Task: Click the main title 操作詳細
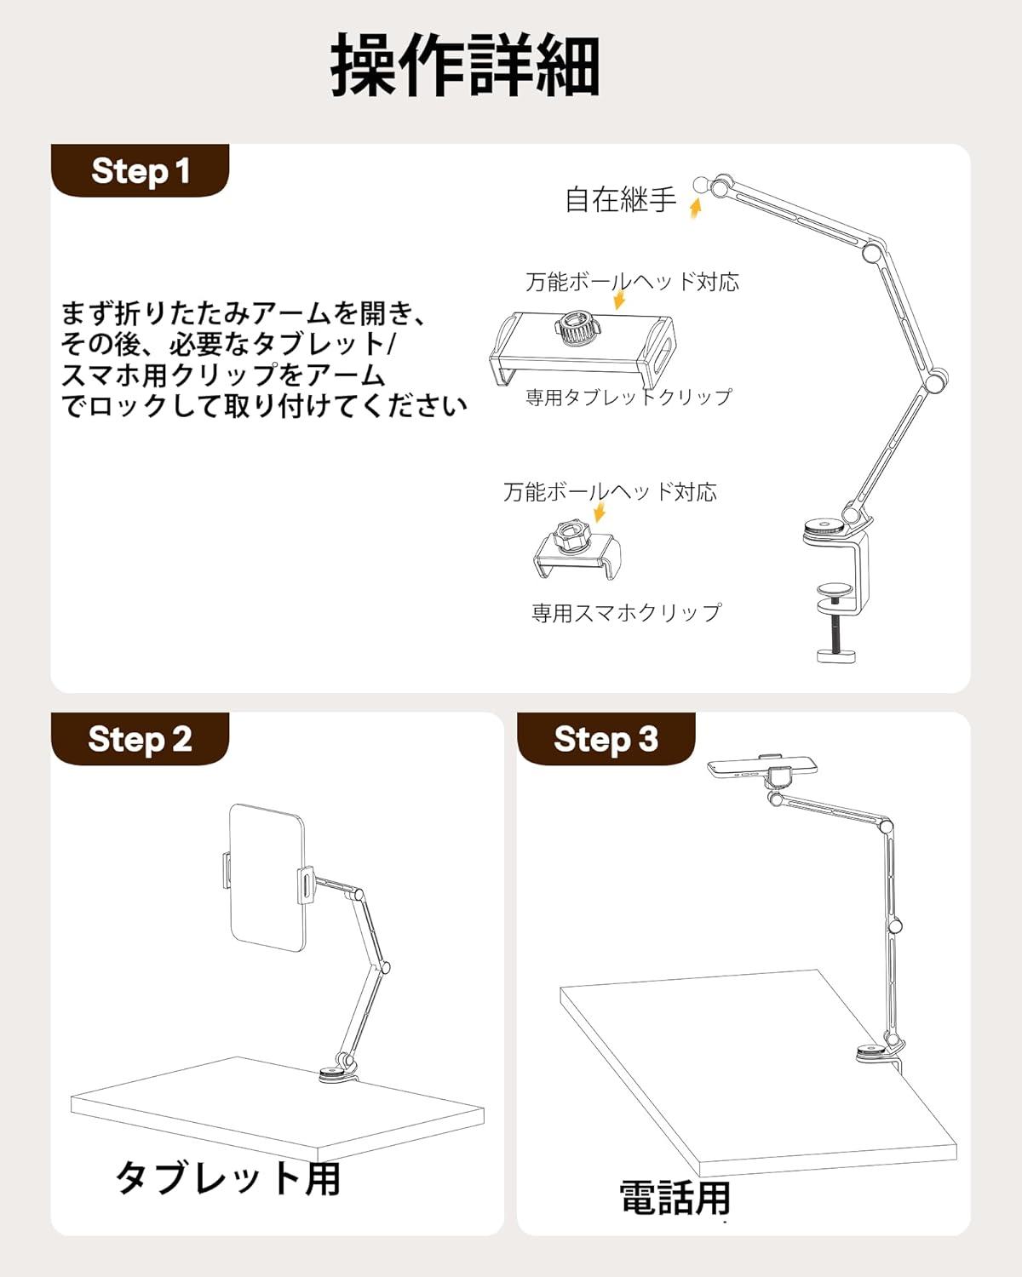tap(464, 66)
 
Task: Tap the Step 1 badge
tap(141, 171)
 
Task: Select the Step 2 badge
tap(141, 739)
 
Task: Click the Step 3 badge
tap(606, 739)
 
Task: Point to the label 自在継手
tap(621, 199)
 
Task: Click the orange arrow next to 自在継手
tap(696, 209)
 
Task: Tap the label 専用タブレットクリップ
tap(629, 397)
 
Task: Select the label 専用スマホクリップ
tap(627, 612)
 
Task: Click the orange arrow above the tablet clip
tap(619, 299)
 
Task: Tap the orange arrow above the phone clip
tap(600, 512)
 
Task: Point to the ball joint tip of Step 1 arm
tap(701, 185)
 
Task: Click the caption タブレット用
tap(227, 1178)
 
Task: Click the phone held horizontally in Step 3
tap(762, 767)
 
